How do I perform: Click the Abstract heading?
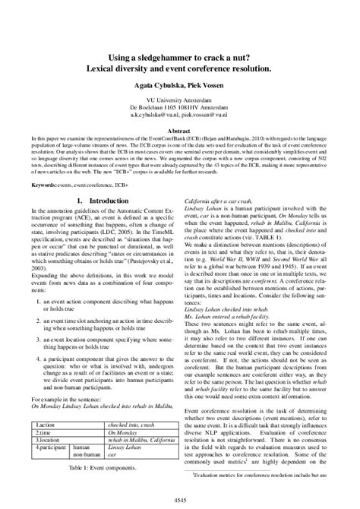pyautogui.click(x=179, y=130)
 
